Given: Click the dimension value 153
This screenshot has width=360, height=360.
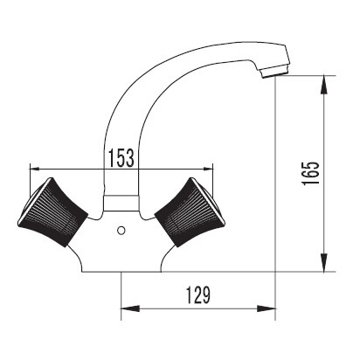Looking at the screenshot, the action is click(121, 158).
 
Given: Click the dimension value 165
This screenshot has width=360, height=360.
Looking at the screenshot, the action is click(310, 173).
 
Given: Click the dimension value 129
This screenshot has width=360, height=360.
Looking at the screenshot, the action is click(198, 294).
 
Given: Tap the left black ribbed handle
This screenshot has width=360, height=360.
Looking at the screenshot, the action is click(52, 212).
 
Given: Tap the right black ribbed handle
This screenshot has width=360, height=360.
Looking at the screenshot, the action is click(190, 212).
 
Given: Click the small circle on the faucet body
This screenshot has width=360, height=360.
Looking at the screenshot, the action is click(121, 231).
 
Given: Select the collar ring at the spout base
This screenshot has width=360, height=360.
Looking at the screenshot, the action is click(121, 203).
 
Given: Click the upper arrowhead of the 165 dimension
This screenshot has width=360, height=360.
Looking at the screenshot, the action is click(323, 85).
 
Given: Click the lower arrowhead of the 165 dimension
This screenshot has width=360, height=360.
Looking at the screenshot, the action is click(323, 262).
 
